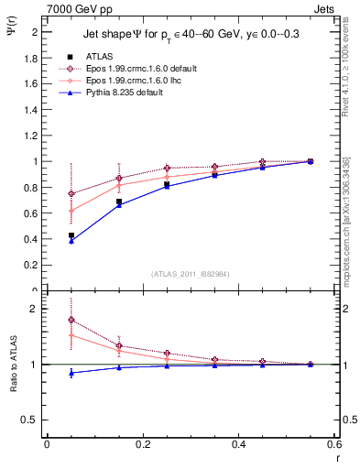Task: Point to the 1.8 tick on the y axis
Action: point(33,58)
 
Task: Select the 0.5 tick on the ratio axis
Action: point(33,420)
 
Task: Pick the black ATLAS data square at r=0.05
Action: point(71,235)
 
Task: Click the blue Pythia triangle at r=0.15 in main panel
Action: point(119,204)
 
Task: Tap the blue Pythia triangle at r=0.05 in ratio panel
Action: point(71,373)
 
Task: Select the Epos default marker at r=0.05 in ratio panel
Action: point(71,320)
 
